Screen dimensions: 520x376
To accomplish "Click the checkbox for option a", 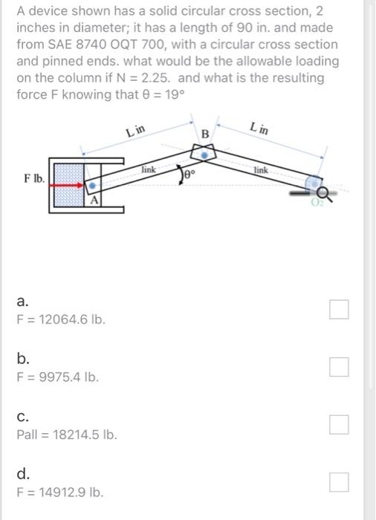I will click(340, 309).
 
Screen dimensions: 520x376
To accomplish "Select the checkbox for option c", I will click(340, 424).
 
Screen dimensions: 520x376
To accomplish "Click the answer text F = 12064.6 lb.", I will click(61, 320).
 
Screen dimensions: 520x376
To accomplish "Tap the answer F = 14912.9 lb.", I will click(60, 492).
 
